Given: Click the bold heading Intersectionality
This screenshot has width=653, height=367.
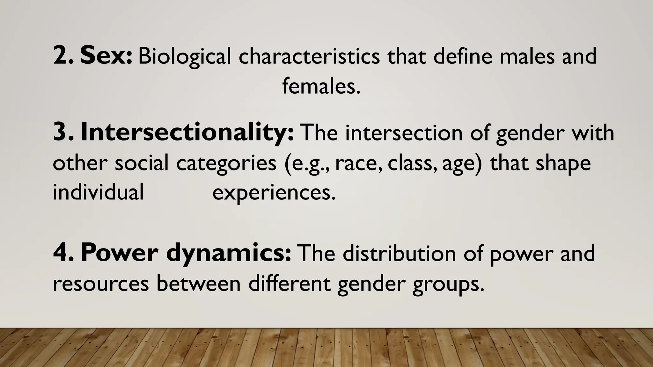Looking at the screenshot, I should tap(187, 133).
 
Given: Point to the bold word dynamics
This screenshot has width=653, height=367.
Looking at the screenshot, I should tap(228, 254).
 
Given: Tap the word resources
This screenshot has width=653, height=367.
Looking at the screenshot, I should tap(101, 284).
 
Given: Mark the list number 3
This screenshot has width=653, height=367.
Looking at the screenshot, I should tap(62, 133).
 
